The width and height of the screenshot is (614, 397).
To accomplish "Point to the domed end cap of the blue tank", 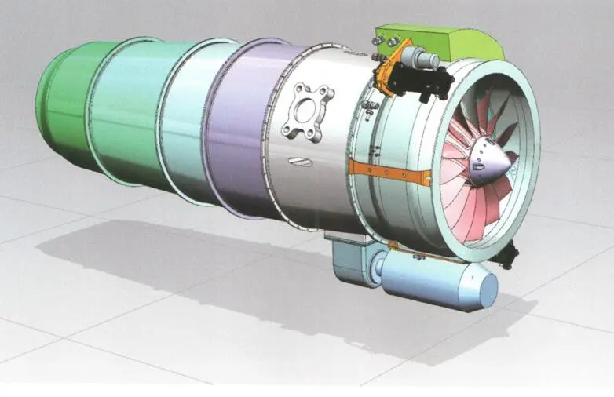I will pos(484,289).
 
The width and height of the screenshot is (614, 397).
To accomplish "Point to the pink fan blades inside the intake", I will pos(463,196).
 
